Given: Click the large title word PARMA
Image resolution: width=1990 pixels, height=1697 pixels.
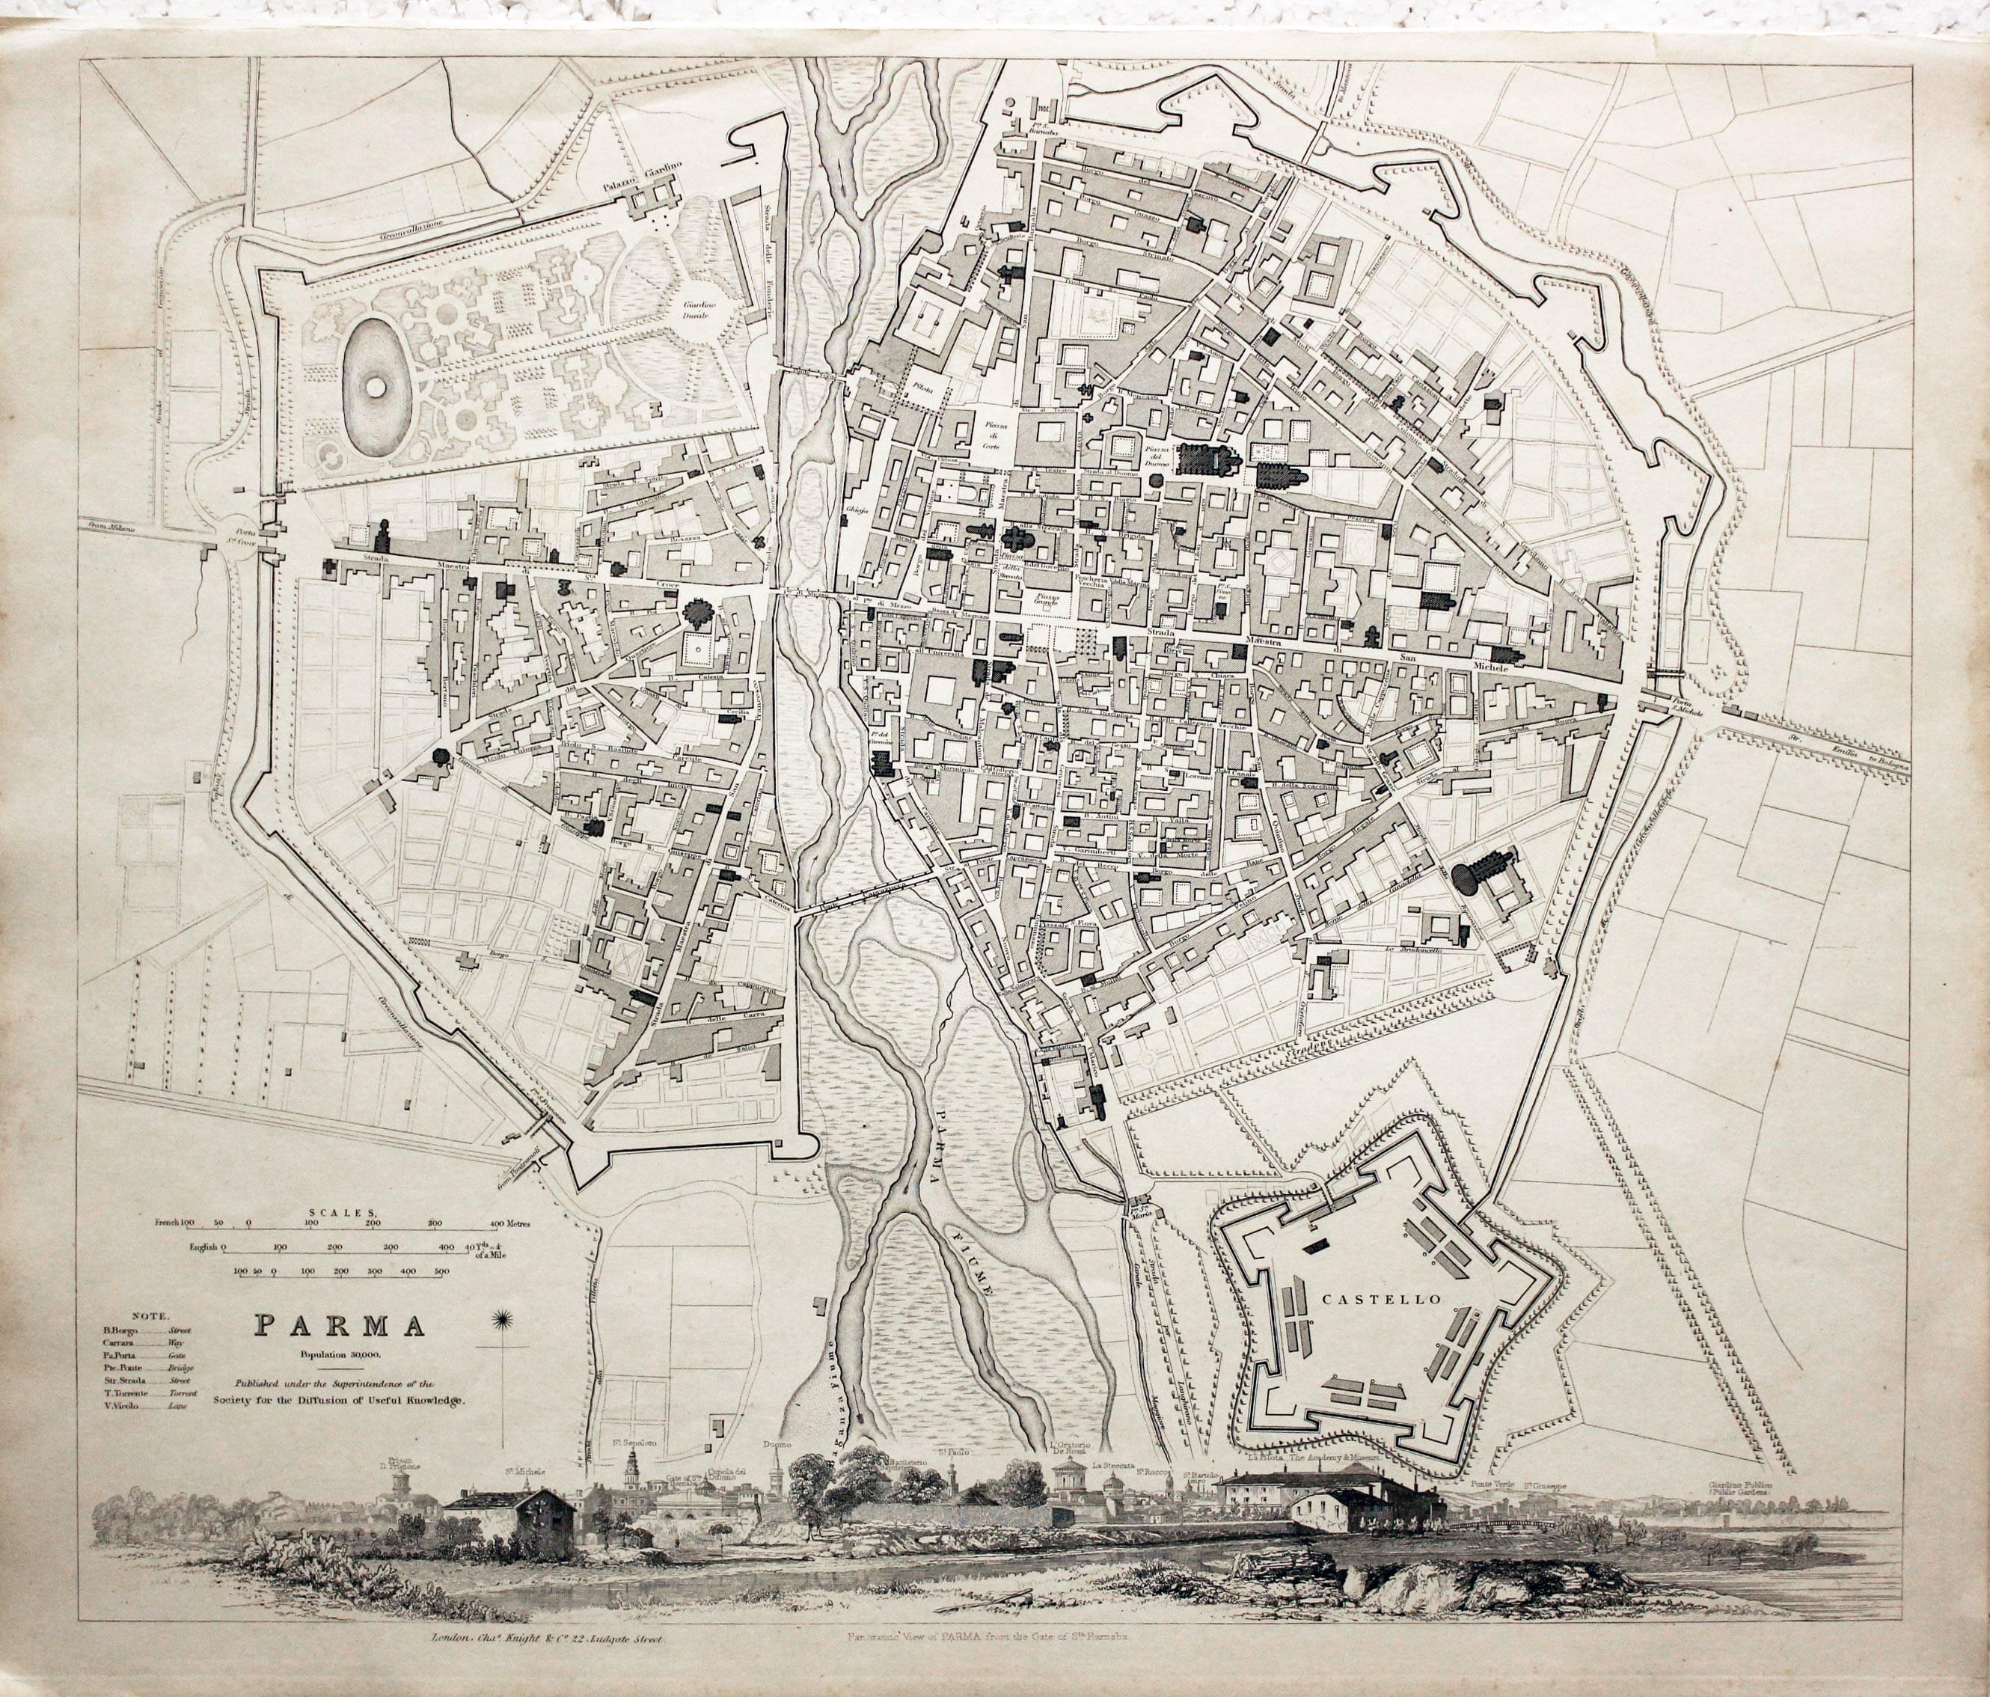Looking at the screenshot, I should tap(340, 1324).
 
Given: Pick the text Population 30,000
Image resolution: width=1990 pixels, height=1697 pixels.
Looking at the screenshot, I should tap(340, 1354).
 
